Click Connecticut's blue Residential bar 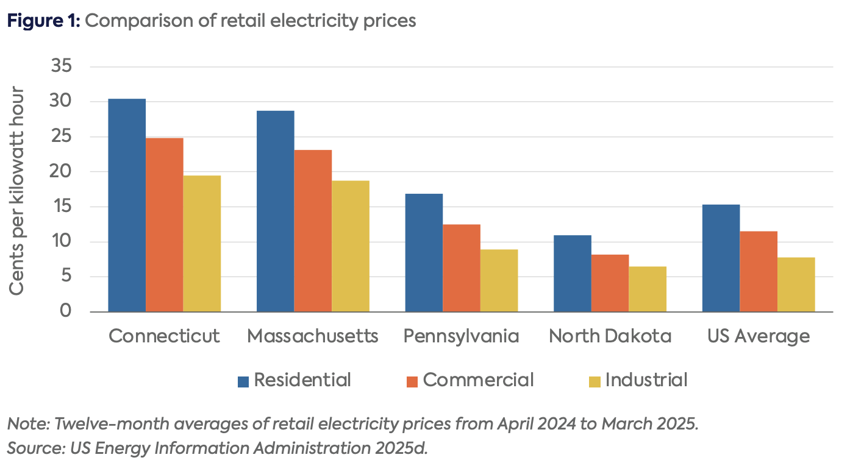point(127,205)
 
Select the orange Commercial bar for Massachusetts point(313,231)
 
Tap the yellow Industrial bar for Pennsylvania point(499,280)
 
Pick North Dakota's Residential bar point(572,274)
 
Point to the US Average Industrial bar point(796,285)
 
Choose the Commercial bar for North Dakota point(610,283)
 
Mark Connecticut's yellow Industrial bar point(202,244)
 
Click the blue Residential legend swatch point(243,381)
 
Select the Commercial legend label point(478,380)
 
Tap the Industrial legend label point(646,380)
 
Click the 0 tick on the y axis point(65,312)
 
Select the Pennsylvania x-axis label point(461,336)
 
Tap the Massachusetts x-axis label point(313,336)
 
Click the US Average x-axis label point(759,336)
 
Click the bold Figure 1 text point(43,21)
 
